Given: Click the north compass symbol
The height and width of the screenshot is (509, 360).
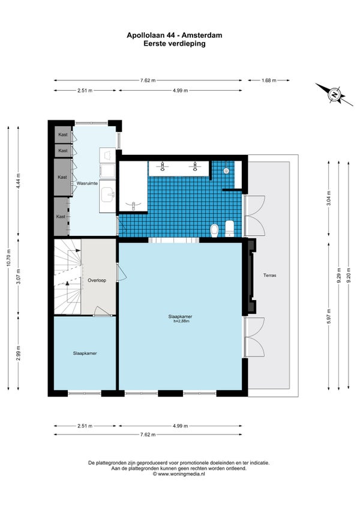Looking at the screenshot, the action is tap(334, 95).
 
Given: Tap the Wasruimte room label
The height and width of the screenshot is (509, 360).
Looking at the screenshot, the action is tap(87, 184).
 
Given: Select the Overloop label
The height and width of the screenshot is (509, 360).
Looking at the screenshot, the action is tap(97, 280).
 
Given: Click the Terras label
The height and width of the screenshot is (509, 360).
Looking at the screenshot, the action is tap(270, 276).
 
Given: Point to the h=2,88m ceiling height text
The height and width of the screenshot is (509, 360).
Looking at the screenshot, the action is tap(181, 321).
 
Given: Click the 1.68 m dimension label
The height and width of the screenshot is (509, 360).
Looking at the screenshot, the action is tap(269, 80).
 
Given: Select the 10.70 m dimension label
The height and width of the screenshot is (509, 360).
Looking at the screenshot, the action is tap(8, 258).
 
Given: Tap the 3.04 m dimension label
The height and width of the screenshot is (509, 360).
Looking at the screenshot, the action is tap(329, 197).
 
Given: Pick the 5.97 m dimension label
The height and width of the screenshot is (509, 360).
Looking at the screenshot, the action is tap(329, 316).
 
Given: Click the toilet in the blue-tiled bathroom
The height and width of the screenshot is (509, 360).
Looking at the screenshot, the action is tap(215, 231).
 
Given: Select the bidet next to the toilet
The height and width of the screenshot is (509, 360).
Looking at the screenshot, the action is tap(230, 229).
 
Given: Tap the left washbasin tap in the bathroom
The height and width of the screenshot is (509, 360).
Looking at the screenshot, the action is tap(163, 166).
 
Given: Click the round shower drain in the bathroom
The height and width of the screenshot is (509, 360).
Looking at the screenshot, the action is tap(226, 170).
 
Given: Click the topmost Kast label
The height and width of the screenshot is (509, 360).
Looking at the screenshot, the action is tap(63, 134).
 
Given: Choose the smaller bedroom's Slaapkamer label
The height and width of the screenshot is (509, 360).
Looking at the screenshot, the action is tap(85, 353).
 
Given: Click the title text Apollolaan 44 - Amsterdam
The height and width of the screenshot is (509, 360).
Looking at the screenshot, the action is tap(175, 35).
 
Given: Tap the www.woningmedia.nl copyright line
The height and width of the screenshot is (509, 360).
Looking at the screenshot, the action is tap(179, 474).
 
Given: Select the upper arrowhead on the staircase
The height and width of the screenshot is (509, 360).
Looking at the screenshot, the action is tap(77, 251).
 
